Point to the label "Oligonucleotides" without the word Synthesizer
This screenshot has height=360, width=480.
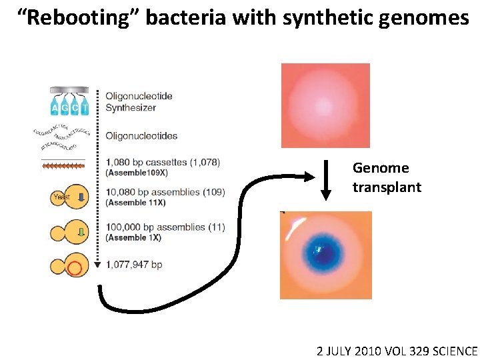click(141, 136)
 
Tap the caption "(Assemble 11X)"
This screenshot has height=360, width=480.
click(137, 203)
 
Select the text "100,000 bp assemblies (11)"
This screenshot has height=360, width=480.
click(165, 227)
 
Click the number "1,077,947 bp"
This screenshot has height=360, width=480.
click(133, 265)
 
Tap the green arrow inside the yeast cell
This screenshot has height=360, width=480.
click(80, 232)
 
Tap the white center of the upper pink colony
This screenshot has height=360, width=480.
click(325, 106)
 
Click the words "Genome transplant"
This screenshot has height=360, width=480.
click(386, 177)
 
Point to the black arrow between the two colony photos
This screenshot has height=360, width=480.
click(325, 180)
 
